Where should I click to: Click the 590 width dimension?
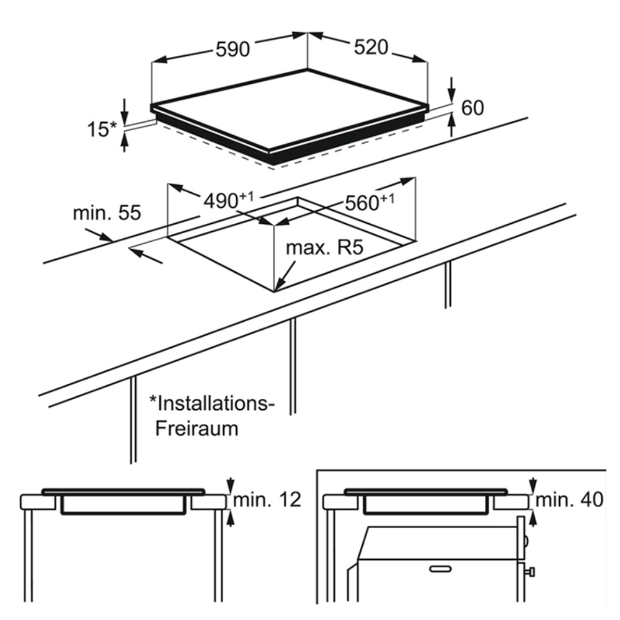pos(232,49)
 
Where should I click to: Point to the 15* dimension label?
pos(101,130)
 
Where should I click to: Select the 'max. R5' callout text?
pos(323,248)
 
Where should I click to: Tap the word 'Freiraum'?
pos(197,428)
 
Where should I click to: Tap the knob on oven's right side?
pos(531,570)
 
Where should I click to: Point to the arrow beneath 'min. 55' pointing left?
pos(139,253)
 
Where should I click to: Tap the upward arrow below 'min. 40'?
pos(533,516)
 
